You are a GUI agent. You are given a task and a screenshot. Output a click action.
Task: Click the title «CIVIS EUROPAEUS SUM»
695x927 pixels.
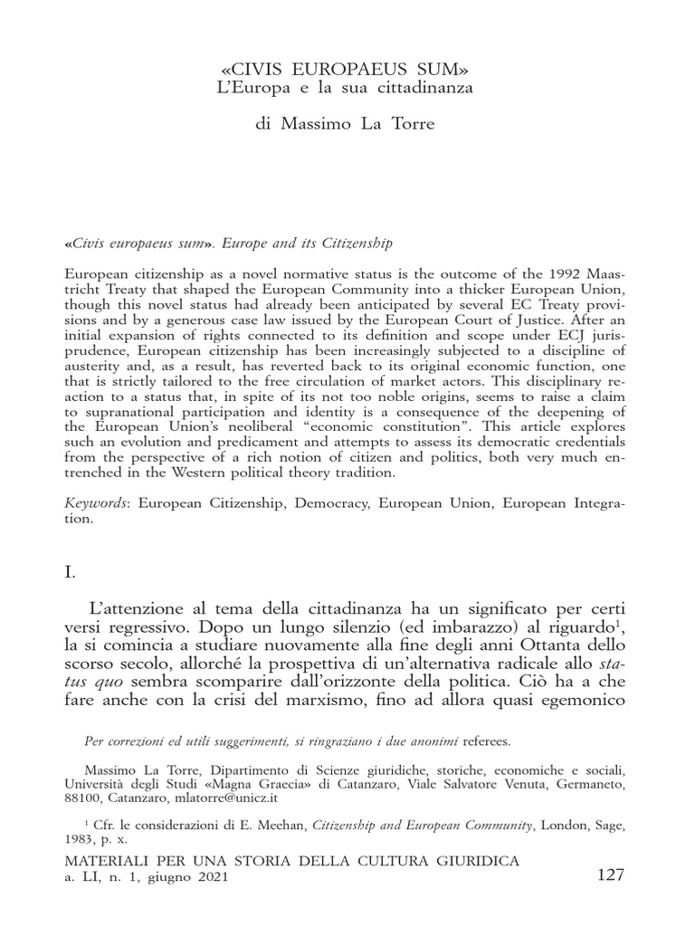click(347, 69)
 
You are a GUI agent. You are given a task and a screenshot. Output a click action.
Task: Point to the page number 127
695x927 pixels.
click(611, 876)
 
